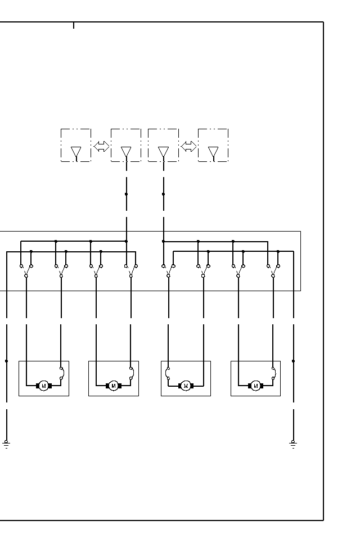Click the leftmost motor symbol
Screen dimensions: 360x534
point(43,386)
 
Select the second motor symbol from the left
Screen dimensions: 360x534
point(113,386)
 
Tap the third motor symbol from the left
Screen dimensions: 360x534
point(186,386)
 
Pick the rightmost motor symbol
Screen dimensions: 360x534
point(255,386)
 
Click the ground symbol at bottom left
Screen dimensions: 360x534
point(6,444)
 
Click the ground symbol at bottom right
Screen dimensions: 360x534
point(293,444)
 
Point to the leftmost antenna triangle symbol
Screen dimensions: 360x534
point(76,152)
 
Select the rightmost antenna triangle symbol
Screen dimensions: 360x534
point(213,152)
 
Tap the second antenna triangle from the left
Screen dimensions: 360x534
point(126,152)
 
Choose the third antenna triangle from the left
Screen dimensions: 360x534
point(163,152)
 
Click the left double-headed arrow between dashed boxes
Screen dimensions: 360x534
point(101,147)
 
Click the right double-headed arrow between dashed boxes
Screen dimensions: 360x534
point(188,147)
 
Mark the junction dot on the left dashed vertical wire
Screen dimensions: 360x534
point(126,194)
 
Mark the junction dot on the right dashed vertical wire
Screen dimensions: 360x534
point(163,194)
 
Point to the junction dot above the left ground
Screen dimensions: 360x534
point(6,361)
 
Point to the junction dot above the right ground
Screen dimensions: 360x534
point(293,361)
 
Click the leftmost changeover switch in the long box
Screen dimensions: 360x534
point(26,270)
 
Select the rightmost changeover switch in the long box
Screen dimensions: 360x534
point(273,270)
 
